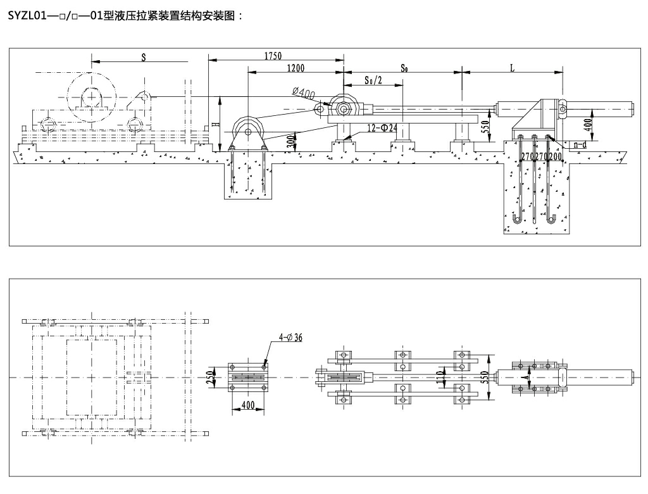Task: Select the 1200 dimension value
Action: [296, 68]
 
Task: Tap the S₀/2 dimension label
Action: [374, 80]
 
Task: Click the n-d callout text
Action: [580, 146]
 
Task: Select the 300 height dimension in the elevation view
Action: [290, 140]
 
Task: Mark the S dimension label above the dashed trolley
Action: [144, 56]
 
